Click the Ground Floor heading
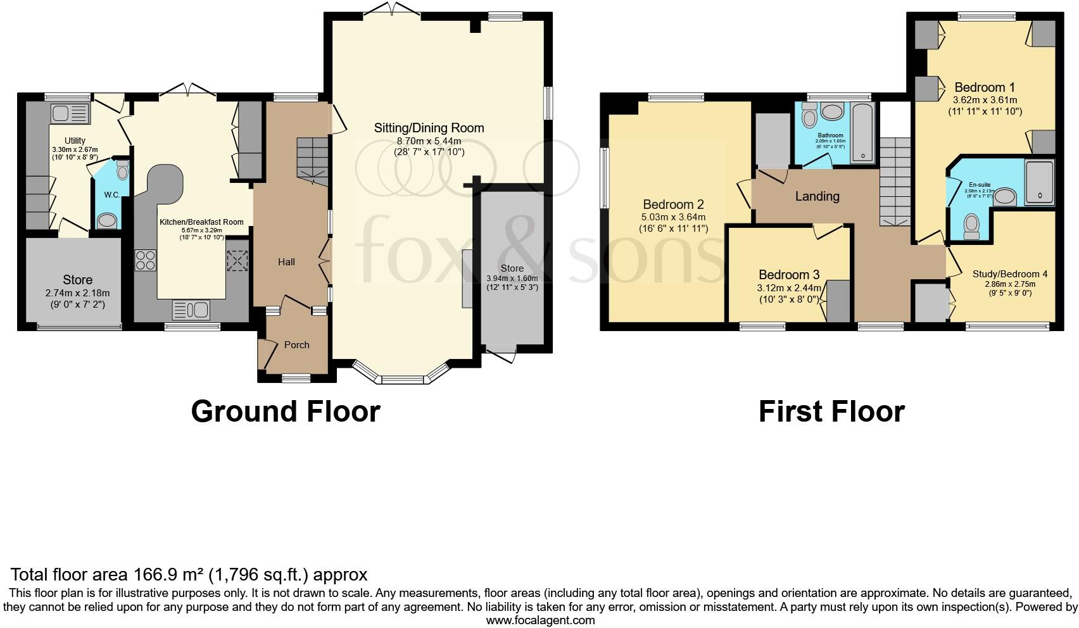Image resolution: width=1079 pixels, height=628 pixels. [285, 411]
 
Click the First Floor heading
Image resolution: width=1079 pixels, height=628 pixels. [831, 411]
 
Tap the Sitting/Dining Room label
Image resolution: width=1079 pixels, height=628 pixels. [429, 128]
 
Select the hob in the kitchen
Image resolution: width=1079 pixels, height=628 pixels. [145, 260]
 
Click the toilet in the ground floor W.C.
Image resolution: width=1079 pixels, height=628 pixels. [123, 170]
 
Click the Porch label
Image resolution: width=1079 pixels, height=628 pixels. [296, 345]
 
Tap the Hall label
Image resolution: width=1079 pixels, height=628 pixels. [286, 261]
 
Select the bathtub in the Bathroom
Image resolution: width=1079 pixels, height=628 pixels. [862, 133]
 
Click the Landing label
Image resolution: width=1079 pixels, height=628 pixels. [817, 196]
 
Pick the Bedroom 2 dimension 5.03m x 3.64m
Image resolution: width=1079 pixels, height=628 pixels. [673, 217]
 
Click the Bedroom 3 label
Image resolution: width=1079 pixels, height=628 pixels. [789, 275]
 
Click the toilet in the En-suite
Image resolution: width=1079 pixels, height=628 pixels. [971, 226]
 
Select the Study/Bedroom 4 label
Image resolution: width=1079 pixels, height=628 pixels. [1009, 274]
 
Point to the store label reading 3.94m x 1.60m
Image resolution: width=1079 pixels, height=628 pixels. [512, 279]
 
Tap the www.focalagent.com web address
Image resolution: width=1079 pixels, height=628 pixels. [540, 620]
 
